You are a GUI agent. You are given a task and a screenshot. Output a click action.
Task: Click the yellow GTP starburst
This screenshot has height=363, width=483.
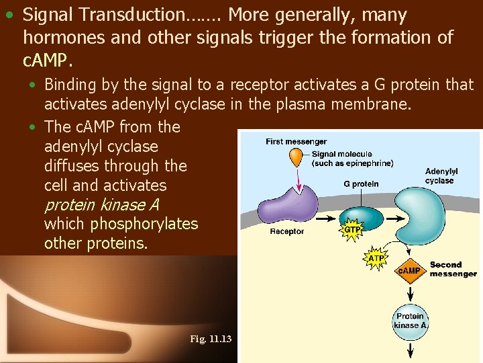click(x=353, y=230)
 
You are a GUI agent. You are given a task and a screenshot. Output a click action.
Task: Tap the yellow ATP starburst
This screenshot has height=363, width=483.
click(x=377, y=258)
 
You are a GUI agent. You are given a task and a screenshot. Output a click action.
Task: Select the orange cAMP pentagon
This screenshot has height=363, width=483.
click(x=409, y=270)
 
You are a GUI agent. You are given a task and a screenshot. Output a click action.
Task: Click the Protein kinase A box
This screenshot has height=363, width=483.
click(x=410, y=321)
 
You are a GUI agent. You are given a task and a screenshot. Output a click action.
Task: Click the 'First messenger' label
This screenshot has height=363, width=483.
click(x=296, y=141)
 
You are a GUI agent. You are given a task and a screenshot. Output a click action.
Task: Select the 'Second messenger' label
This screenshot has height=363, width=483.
click(x=453, y=270)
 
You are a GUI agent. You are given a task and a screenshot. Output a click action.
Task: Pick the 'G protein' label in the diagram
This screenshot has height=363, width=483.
click(x=361, y=184)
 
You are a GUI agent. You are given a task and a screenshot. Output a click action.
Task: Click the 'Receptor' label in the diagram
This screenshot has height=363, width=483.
click(x=287, y=231)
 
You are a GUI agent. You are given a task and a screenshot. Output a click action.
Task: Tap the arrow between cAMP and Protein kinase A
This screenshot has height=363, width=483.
click(x=410, y=292)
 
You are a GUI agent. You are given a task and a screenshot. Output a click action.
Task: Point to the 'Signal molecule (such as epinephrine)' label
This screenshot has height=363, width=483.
click(x=352, y=159)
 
